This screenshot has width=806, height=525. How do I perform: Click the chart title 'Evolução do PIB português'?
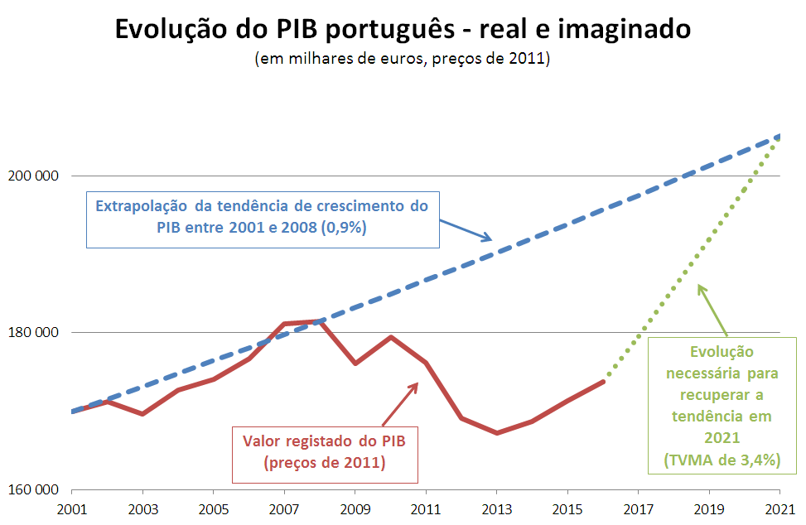coord(285,29)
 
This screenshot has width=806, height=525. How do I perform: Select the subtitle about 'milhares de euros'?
coord(403,58)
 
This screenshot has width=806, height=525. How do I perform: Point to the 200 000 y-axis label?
coord(33,176)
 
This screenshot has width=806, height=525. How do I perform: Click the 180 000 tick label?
coord(33,332)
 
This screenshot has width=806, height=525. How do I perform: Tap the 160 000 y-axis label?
coord(33,489)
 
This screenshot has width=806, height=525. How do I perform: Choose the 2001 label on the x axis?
coord(72,509)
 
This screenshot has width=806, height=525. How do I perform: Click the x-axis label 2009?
coord(355,509)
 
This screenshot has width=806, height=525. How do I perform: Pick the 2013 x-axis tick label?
coord(497,509)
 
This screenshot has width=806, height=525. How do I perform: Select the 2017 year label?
coord(639,509)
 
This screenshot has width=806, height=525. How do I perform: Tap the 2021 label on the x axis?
coord(780,509)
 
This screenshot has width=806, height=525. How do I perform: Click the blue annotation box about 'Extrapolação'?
coord(263,220)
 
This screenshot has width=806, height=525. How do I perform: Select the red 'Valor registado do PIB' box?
coord(325,455)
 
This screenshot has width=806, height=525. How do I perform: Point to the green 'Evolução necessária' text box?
coord(722,405)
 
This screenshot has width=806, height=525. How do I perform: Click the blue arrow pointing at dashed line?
coord(466,231)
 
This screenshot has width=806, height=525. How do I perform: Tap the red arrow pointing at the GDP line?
coord(400,404)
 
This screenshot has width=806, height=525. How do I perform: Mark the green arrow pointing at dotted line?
coord(712,311)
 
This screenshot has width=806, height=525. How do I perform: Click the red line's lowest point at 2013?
coord(497,433)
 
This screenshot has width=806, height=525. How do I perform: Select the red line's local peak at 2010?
coord(391,337)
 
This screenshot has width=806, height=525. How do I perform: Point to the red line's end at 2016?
coord(604,381)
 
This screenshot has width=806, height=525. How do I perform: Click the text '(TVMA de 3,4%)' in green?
coord(722,460)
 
